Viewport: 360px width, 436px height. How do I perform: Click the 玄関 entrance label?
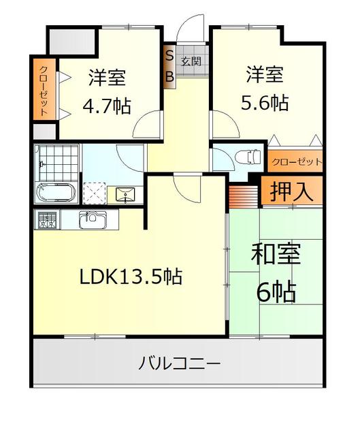pyautogui.click(x=191, y=61)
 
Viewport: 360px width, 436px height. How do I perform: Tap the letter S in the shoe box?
pyautogui.click(x=169, y=56)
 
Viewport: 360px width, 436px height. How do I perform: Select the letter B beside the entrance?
pyautogui.click(x=169, y=76)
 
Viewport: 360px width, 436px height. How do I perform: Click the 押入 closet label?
pyautogui.click(x=291, y=191)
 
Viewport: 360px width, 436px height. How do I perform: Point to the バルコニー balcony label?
pyautogui.click(x=180, y=364)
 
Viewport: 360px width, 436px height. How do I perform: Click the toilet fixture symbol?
pyautogui.click(x=248, y=156)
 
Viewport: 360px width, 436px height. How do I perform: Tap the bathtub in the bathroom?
pyautogui.click(x=56, y=192)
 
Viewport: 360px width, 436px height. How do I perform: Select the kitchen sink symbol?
pyautogui.click(x=93, y=219)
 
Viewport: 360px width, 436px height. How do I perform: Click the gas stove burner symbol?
pyautogui.click(x=47, y=219)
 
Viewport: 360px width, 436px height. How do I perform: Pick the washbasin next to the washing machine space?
pyautogui.click(x=125, y=195)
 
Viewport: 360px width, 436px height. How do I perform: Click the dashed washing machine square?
pyautogui.click(x=95, y=193)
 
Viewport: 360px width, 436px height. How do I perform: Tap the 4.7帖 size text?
pyautogui.click(x=107, y=106)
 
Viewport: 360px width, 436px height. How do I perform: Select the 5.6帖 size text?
pyautogui.click(x=265, y=103)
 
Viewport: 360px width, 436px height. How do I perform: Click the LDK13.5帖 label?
pyautogui.click(x=131, y=277)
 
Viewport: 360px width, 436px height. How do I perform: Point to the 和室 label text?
pyautogui.click(x=276, y=254)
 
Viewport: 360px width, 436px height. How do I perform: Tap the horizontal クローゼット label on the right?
pyautogui.click(x=297, y=161)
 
